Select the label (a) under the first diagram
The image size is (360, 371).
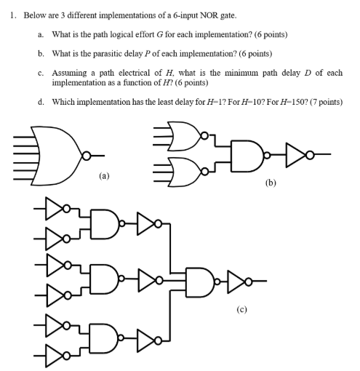pos(115,175)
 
